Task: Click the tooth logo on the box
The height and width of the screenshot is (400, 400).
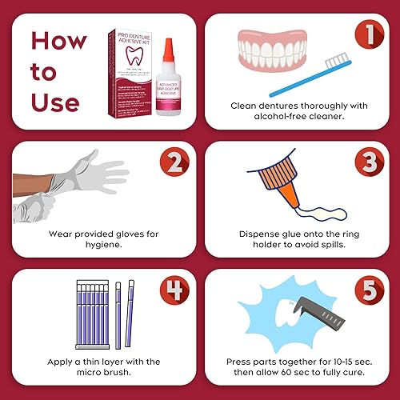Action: (x=129, y=62)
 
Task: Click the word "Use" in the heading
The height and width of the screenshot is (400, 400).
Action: (x=55, y=102)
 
